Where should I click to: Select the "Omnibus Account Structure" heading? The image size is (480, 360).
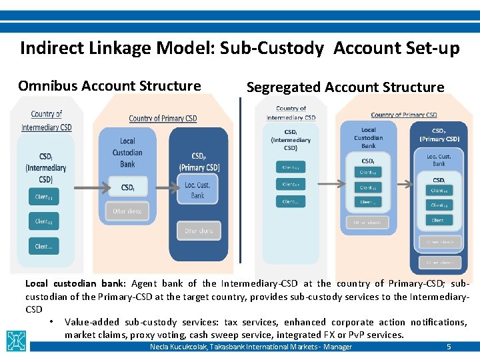tap(109, 86)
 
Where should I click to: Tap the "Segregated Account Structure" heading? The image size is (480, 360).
tap(345, 87)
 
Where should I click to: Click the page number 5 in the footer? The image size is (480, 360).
tap(449, 347)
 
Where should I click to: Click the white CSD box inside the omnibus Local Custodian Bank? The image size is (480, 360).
tap(127, 188)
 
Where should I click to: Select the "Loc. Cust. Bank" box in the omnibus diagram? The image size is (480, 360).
tap(197, 190)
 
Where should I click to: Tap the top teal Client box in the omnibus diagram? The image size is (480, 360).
tap(43, 197)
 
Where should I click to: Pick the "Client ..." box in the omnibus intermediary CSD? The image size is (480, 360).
tap(43, 246)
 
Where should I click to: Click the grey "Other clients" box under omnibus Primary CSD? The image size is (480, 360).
tap(198, 231)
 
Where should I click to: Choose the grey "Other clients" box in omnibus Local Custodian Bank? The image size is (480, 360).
tap(127, 211)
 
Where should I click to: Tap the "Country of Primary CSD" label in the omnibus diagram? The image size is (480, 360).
tap(163, 119)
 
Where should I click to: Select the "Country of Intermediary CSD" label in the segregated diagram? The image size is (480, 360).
tap(291, 113)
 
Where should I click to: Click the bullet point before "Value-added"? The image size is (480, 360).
tap(51, 322)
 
